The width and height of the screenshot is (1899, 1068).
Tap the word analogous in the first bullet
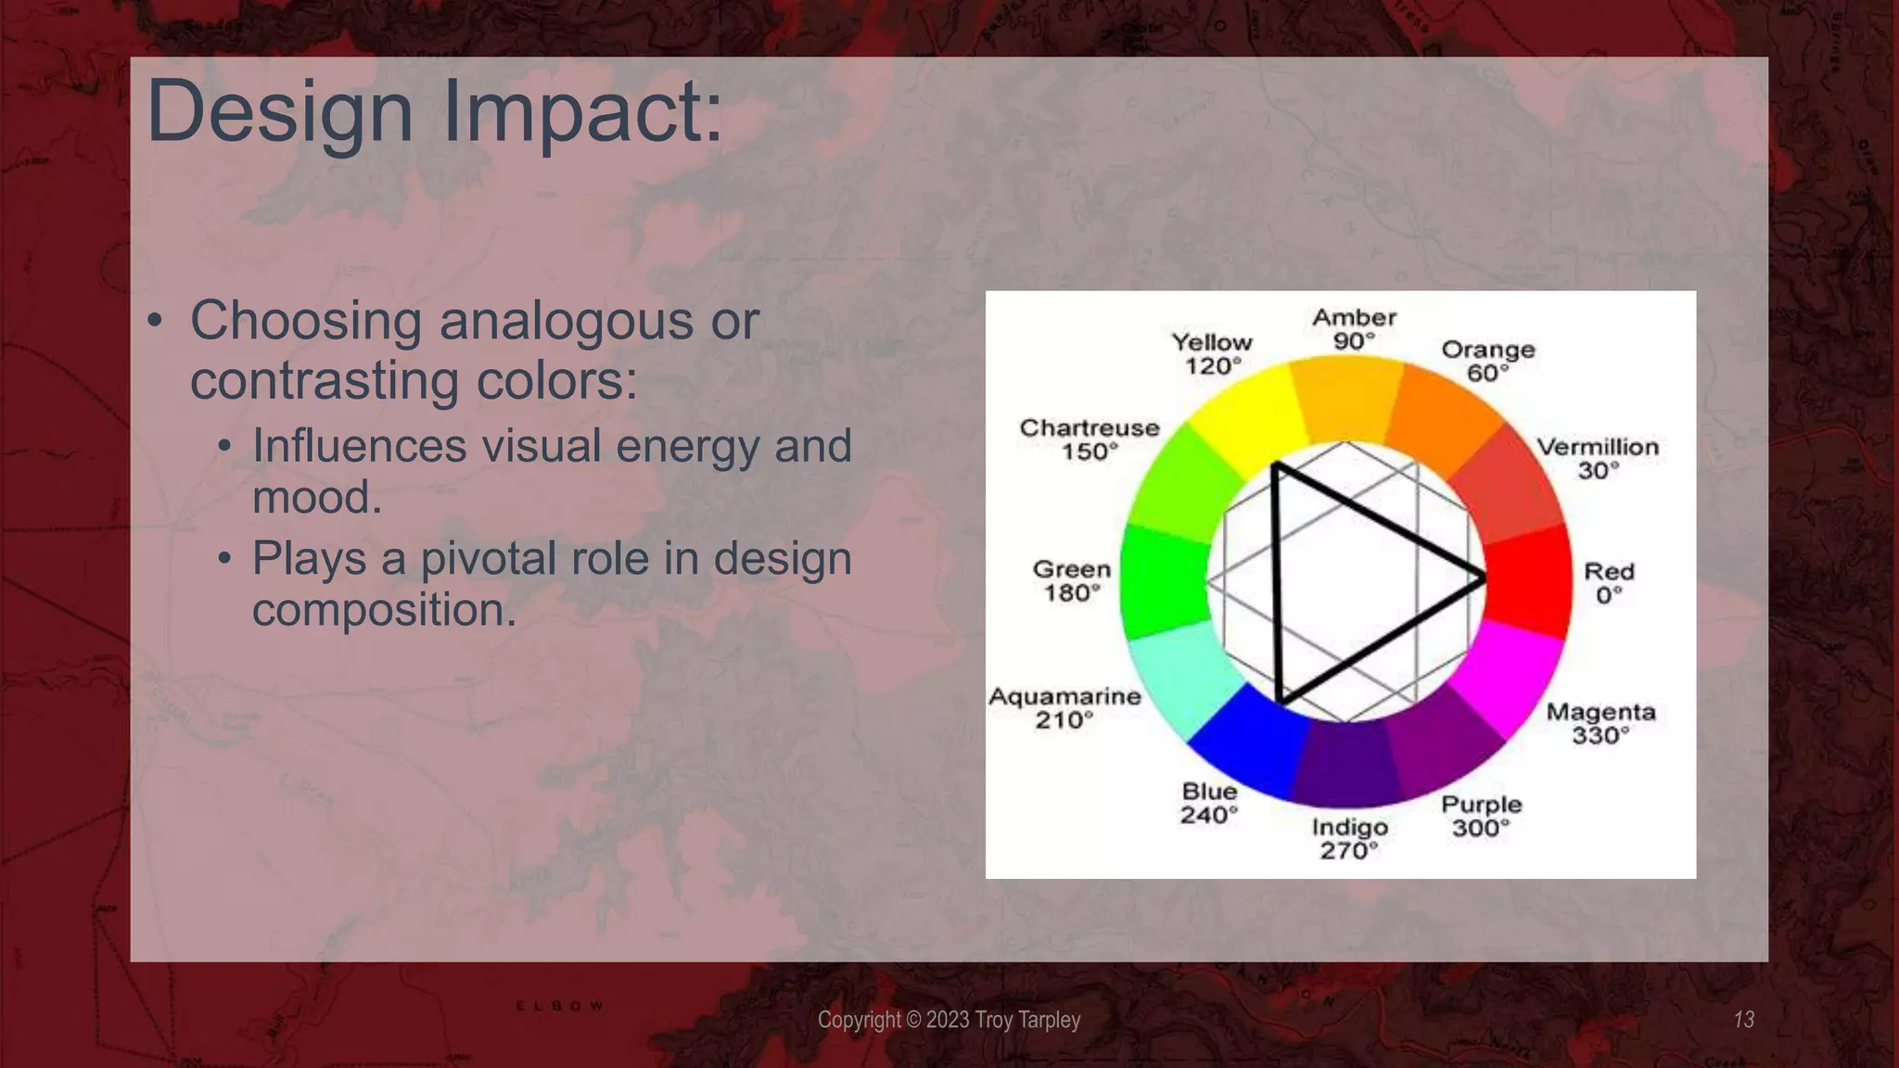[x=567, y=322]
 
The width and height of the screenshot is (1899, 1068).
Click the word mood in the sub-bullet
[x=316, y=498]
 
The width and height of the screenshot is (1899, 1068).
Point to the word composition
[x=383, y=610]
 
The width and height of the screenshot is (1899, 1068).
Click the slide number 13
[x=1743, y=1020]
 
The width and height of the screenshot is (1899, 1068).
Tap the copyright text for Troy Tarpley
[x=949, y=1020]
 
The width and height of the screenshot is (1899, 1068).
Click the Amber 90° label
[x=1354, y=329]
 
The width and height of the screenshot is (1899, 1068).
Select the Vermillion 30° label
[x=1598, y=458]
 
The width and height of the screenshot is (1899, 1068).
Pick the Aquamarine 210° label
[x=1064, y=707]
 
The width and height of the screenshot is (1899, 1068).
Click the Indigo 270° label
[x=1349, y=838]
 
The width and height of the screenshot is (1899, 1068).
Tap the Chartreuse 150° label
[x=1090, y=439]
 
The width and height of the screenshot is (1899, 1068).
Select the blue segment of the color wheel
[x=1243, y=742]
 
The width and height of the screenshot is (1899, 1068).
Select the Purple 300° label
[x=1481, y=816]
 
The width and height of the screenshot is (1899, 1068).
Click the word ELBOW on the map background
[x=559, y=1006]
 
